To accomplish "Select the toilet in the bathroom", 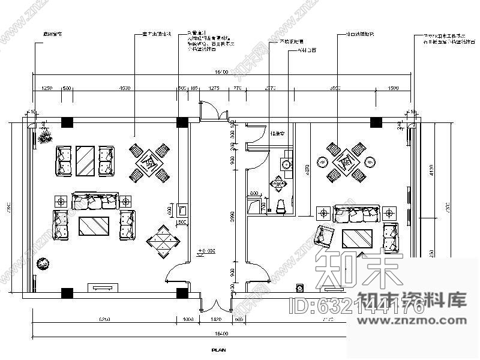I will [280, 206].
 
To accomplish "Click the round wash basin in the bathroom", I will [286, 164].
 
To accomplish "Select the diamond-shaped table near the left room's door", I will [164, 241].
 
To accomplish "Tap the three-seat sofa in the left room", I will [93, 201].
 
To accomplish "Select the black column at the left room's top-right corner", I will [181, 122].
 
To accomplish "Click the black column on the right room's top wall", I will [376, 122].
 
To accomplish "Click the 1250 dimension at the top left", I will [46, 88].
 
